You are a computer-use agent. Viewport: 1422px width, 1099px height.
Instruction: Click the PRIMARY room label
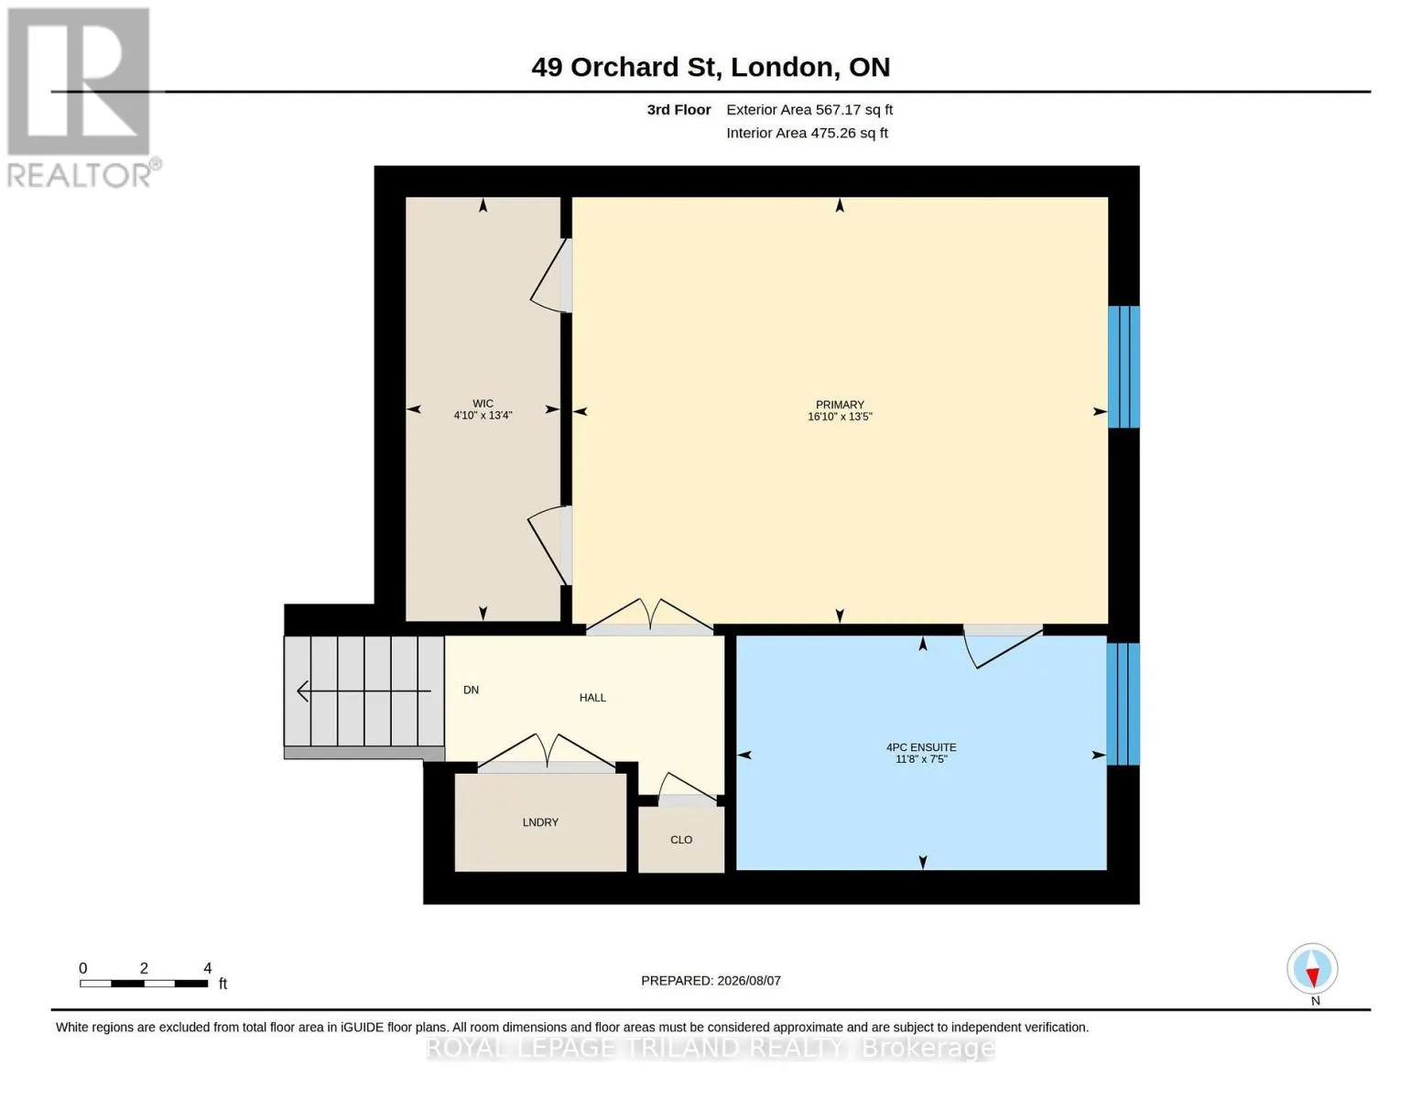840,405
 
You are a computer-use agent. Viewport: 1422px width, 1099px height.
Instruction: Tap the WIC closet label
483,403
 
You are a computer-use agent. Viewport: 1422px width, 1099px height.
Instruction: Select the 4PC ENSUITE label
921,746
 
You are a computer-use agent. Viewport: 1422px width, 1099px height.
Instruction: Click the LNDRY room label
540,822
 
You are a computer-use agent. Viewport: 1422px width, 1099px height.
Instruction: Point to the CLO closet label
681,840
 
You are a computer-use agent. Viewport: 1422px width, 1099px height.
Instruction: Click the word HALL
592,698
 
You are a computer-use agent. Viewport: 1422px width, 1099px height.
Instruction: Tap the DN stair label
472,690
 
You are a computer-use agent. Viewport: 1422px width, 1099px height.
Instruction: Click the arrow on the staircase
364,691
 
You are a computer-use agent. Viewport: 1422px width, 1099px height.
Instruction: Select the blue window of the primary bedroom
1123,366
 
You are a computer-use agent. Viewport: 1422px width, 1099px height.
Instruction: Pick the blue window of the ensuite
1123,703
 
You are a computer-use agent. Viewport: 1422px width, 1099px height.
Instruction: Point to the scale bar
144,983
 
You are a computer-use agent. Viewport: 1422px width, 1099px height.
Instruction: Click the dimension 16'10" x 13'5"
840,417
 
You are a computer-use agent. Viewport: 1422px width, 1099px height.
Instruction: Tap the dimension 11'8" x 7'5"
921,759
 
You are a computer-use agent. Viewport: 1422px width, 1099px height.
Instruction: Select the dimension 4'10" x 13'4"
483,416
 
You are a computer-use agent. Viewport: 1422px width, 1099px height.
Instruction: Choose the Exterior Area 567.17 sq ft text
809,110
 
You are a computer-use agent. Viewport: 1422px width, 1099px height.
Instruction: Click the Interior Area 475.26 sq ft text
807,133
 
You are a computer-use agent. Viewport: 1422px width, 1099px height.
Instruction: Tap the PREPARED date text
711,981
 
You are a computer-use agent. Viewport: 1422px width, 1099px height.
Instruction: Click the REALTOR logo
81,98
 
